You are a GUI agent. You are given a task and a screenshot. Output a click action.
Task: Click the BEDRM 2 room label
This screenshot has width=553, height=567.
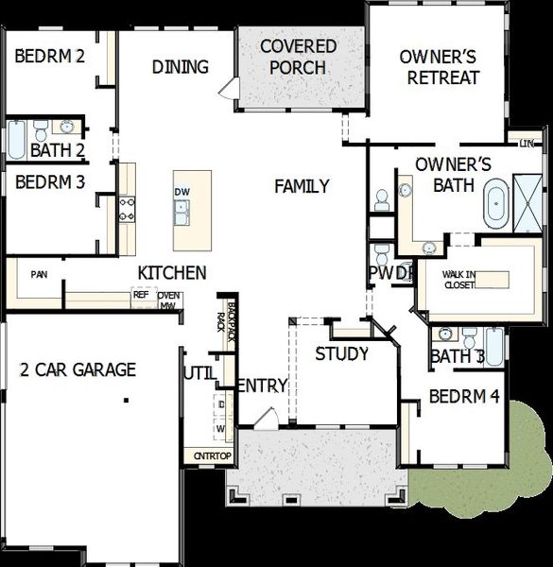point(50,56)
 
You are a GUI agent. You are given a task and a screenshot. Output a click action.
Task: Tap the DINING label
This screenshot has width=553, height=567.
point(181,67)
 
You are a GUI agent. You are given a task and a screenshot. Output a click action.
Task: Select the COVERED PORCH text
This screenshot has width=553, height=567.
point(298,57)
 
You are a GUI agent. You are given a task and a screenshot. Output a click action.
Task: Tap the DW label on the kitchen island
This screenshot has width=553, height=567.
point(182,193)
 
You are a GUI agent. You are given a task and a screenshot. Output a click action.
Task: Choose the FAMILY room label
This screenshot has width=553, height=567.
point(302,186)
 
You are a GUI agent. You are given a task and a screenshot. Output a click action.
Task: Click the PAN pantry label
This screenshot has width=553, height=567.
point(39,275)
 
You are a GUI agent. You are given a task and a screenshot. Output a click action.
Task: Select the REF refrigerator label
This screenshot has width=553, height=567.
point(141,295)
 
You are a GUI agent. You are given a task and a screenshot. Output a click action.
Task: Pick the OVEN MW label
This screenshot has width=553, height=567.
point(170,301)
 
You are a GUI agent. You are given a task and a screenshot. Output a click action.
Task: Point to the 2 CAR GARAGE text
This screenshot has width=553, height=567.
point(78,369)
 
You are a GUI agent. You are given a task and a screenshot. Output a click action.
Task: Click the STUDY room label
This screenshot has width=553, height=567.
point(341,354)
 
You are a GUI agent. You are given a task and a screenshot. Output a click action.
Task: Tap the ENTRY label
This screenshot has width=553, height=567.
point(262,386)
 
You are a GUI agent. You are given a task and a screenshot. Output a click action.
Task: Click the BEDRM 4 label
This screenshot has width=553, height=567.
point(463,397)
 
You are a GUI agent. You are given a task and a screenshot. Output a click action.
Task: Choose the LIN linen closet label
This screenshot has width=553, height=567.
point(526,143)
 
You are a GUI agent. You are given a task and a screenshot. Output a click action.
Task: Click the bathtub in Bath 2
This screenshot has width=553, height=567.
point(16,140)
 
